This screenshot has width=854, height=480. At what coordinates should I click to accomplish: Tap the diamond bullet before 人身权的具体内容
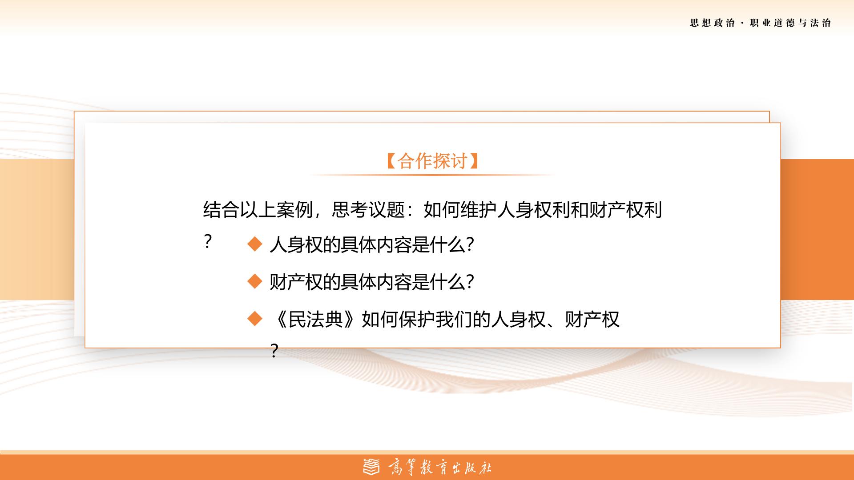(255, 244)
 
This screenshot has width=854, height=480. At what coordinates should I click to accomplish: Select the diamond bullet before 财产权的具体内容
(255, 281)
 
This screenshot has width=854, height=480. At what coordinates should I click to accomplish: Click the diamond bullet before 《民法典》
(255, 319)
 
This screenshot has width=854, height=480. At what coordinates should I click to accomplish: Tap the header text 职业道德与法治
(790, 23)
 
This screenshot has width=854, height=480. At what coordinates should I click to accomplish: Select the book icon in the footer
(372, 467)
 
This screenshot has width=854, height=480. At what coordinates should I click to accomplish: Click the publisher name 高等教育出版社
(440, 468)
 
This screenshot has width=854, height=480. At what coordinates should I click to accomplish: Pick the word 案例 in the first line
(294, 210)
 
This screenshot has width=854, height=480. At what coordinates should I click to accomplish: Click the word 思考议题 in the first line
(368, 210)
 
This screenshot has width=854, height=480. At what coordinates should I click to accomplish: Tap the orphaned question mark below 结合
(207, 242)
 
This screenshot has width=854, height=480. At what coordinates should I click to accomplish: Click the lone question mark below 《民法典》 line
(274, 351)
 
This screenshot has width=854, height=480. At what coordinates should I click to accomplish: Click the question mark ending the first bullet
(470, 245)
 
